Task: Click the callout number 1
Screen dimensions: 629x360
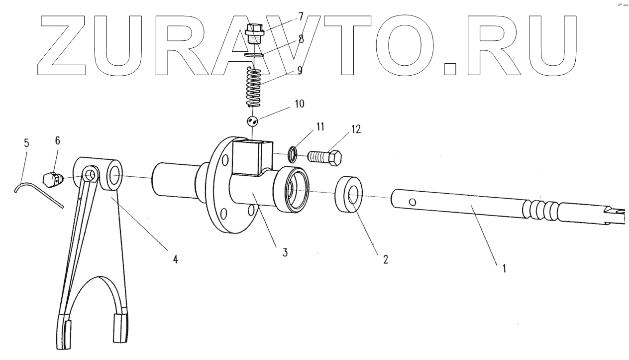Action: click(x=504, y=269)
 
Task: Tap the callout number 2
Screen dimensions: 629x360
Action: click(x=385, y=259)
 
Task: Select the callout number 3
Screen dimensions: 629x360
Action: click(x=285, y=252)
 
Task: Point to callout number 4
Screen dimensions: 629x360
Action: click(x=175, y=259)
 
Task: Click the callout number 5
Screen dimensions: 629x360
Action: click(x=26, y=143)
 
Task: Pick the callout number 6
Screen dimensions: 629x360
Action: click(x=57, y=141)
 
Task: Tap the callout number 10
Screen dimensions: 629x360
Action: click(x=300, y=104)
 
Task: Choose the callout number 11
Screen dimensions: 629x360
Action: click(x=318, y=127)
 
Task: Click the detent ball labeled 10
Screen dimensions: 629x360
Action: click(x=252, y=121)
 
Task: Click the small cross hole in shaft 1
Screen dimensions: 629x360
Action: click(x=412, y=202)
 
